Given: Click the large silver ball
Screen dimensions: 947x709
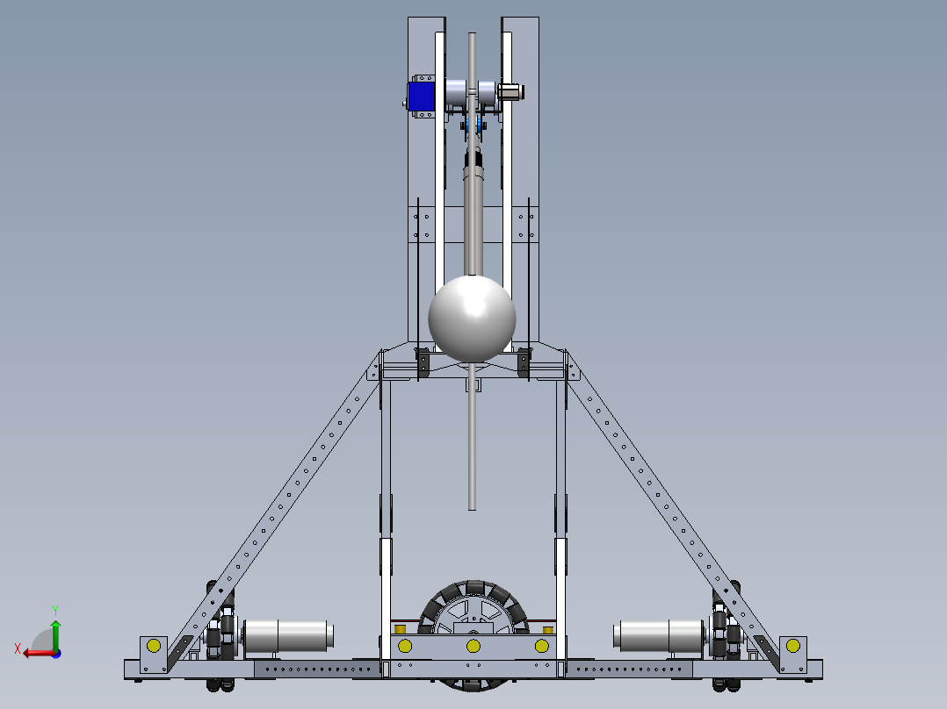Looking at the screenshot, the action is [472, 319].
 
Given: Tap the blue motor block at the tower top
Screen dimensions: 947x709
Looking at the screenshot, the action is [421, 97].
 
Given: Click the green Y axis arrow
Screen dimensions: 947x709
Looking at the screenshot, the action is [55, 634].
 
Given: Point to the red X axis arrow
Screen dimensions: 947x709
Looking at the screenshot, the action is [40, 654].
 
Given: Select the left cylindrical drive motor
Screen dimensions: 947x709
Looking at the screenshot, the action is [288, 636].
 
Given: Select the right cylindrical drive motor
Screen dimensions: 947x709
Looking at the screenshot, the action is [659, 636].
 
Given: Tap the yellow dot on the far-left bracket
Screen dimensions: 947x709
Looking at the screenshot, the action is [154, 646].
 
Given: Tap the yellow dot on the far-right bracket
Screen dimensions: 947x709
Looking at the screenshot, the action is [793, 646].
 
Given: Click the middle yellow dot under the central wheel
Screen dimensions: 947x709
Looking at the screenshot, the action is [473, 646].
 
